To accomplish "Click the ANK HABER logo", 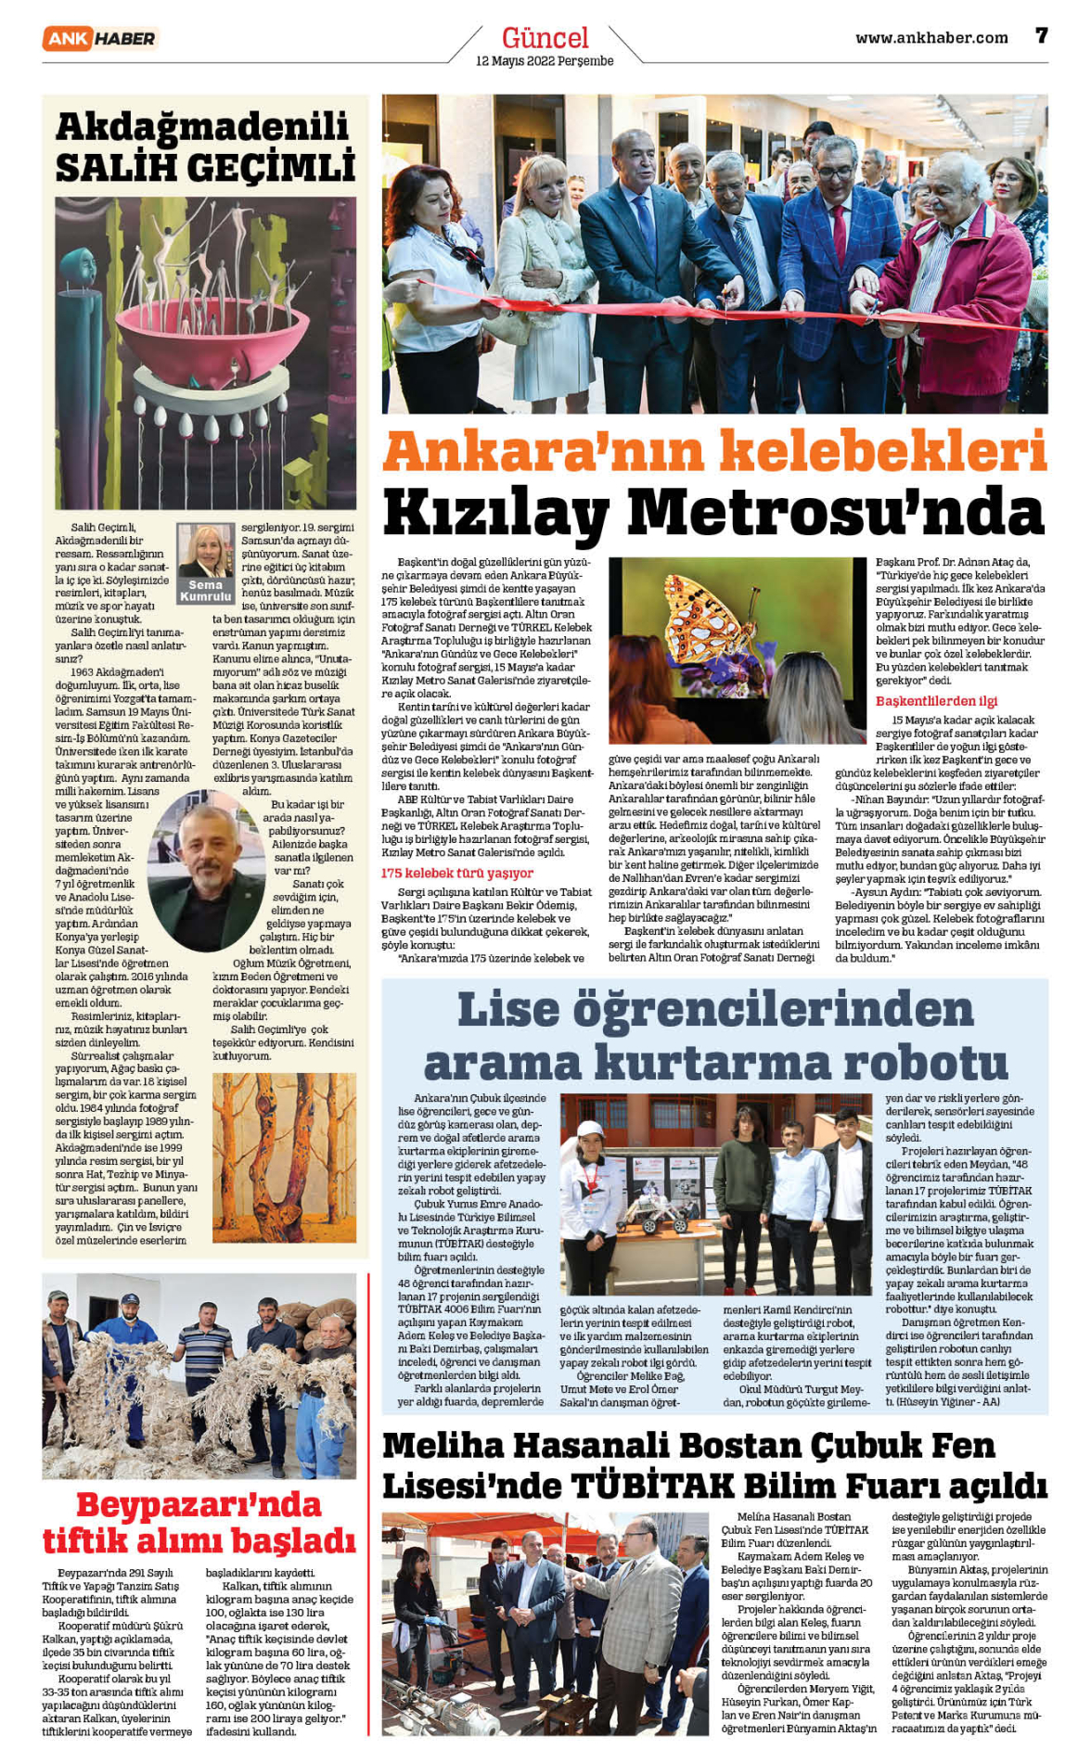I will [100, 38].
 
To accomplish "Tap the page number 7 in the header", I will [1042, 36].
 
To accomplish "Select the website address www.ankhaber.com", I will [931, 38].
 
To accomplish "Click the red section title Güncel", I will [545, 37].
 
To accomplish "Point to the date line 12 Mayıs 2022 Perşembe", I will [545, 61].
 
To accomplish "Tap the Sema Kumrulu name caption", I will [206, 591].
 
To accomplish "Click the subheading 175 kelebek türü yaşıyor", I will [456, 873].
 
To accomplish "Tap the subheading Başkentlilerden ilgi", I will [936, 701].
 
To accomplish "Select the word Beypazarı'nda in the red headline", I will [199, 1503].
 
